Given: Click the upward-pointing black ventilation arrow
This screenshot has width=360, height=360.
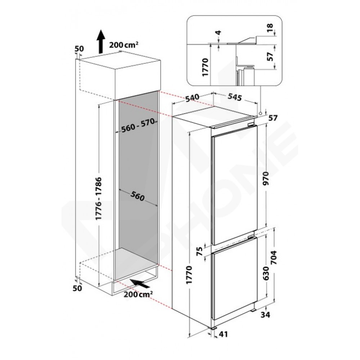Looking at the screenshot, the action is pyautogui.click(x=100, y=42).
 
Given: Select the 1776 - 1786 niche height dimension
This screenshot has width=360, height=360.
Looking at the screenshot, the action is pyautogui.click(x=99, y=198).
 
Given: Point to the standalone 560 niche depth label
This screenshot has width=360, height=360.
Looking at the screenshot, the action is pyautogui.click(x=137, y=196).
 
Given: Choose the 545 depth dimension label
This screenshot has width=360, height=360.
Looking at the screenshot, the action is pyautogui.click(x=235, y=97).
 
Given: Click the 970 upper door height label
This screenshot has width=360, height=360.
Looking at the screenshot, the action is pyautogui.click(x=266, y=178).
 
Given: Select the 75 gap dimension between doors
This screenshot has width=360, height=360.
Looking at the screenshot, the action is pyautogui.click(x=200, y=251).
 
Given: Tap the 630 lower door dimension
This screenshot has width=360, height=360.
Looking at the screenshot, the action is pyautogui.click(x=266, y=273).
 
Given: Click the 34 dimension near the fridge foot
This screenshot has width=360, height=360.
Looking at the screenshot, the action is pyautogui.click(x=265, y=315).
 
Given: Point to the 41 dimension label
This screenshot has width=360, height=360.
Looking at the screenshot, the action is pyautogui.click(x=223, y=334).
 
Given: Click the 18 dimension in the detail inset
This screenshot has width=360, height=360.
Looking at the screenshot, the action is pyautogui.click(x=270, y=26).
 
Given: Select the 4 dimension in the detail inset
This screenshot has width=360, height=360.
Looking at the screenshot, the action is pyautogui.click(x=219, y=33).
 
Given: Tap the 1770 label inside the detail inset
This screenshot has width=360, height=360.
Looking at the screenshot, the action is pyautogui.click(x=205, y=67).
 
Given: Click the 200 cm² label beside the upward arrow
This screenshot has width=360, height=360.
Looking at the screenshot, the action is pyautogui.click(x=123, y=45).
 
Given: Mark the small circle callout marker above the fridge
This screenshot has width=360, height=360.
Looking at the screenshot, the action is pyautogui.click(x=260, y=113).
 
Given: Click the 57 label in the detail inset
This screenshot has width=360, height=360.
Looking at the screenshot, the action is pyautogui.click(x=271, y=57).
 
